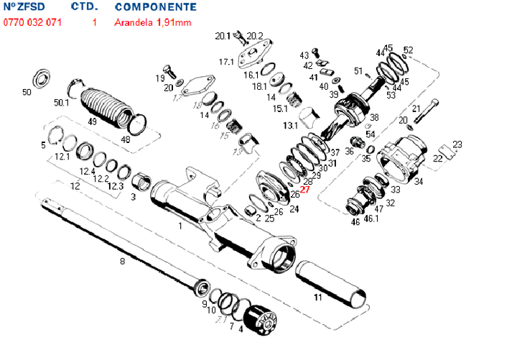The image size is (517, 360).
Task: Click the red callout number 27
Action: coord(304,190)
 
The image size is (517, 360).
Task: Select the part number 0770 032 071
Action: coord(32,22)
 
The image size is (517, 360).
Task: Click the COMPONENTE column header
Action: coord(155,6)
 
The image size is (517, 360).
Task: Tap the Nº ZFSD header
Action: coord(24,6)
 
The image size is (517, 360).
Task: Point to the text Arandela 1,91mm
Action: coord(152,22)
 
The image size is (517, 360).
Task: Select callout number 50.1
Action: coord(62,103)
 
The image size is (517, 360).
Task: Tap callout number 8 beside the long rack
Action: coord(122,261)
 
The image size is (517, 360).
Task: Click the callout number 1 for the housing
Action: coord(180,226)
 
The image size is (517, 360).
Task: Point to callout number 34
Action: coord(419,182)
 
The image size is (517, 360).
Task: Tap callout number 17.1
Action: coord(226,63)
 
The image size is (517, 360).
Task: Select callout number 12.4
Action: coord(87,171)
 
